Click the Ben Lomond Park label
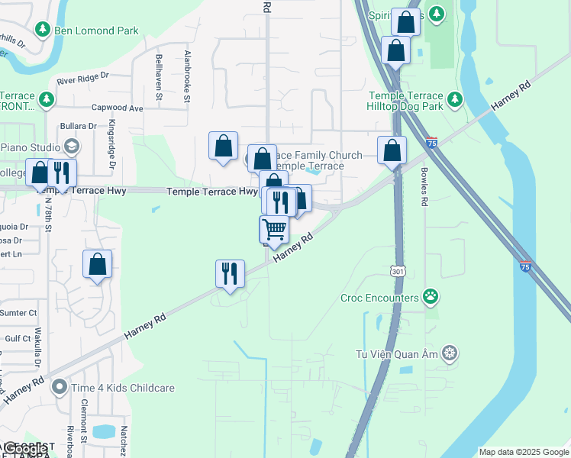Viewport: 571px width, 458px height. point(97,31)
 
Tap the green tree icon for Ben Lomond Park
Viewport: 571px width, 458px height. point(43,30)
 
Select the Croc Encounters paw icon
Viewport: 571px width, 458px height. point(431,297)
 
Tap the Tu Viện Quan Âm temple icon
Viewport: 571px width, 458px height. point(450,353)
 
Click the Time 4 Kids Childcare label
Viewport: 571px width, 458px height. point(123,388)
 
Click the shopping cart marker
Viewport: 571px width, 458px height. point(274,228)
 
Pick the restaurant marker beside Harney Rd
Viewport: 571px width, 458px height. point(230,273)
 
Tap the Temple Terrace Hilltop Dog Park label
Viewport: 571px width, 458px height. point(405,102)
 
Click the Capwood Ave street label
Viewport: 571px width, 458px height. point(117,108)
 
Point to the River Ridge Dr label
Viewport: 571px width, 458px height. point(83,79)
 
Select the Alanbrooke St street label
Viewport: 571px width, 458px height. point(186,76)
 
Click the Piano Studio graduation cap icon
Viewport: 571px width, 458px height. point(71,146)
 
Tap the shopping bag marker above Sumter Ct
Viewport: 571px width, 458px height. point(98,264)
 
